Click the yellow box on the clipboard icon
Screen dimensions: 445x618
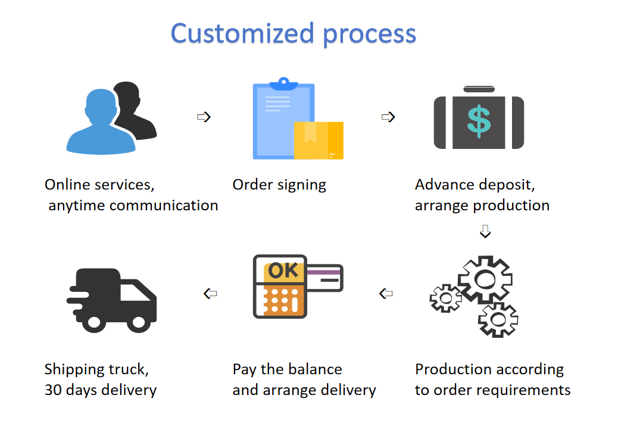tap(319, 141)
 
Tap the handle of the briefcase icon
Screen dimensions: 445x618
tap(479, 89)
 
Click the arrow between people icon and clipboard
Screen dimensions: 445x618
tap(204, 117)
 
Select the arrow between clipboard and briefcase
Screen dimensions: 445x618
tap(388, 117)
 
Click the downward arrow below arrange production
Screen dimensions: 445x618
tap(485, 231)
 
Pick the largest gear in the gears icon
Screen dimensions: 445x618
tap(485, 279)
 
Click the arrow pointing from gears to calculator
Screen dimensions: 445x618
tap(386, 293)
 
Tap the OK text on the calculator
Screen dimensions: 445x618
tap(283, 270)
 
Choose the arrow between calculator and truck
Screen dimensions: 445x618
tap(210, 293)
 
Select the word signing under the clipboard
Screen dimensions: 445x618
tap(302, 185)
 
